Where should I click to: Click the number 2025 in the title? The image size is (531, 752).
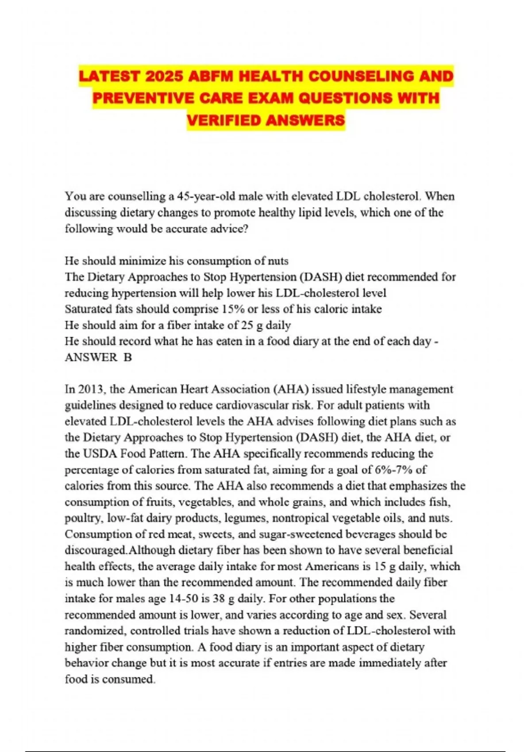point(164,77)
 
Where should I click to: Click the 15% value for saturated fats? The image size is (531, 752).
point(231,309)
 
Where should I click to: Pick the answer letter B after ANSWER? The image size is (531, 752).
point(127,357)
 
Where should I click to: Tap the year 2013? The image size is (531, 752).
point(91,389)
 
